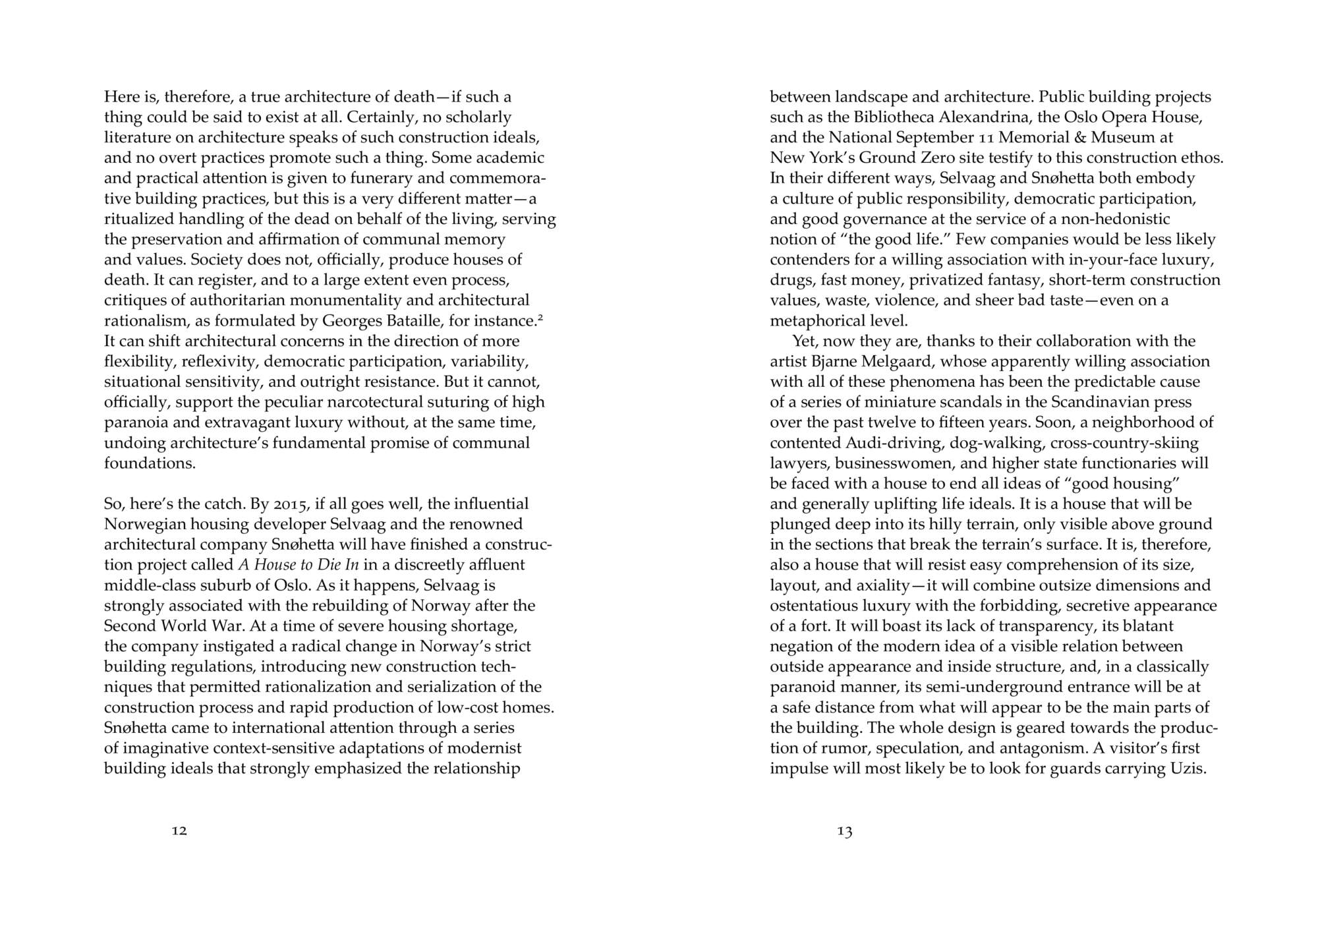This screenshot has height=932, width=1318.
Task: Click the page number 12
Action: [179, 830]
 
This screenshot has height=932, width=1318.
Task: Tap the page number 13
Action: [845, 831]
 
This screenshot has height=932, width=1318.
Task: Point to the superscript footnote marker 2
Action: [540, 317]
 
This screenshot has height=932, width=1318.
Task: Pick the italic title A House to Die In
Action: [298, 565]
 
